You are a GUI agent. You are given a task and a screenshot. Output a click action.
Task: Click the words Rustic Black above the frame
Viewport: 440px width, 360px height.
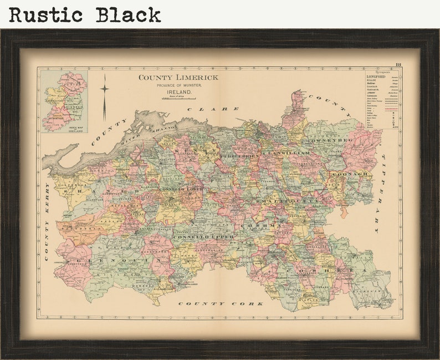coord(85,14)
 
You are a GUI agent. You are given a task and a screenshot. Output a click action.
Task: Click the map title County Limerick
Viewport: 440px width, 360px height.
coord(178,78)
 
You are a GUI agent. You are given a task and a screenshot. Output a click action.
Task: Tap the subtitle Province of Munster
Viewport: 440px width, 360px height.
coord(178,85)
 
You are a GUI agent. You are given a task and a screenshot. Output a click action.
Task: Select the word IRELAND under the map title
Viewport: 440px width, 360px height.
coord(178,92)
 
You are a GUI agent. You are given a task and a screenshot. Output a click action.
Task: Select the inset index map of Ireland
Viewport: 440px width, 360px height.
coord(64,101)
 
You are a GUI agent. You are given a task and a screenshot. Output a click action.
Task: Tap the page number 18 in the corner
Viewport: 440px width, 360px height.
coord(398,66)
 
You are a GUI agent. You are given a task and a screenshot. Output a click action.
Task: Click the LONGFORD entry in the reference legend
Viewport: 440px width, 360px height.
coord(376,77)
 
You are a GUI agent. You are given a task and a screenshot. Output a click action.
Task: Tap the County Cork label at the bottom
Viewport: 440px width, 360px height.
coord(221,304)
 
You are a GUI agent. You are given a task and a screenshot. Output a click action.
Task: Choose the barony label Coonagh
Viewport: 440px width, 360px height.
coord(350,174)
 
